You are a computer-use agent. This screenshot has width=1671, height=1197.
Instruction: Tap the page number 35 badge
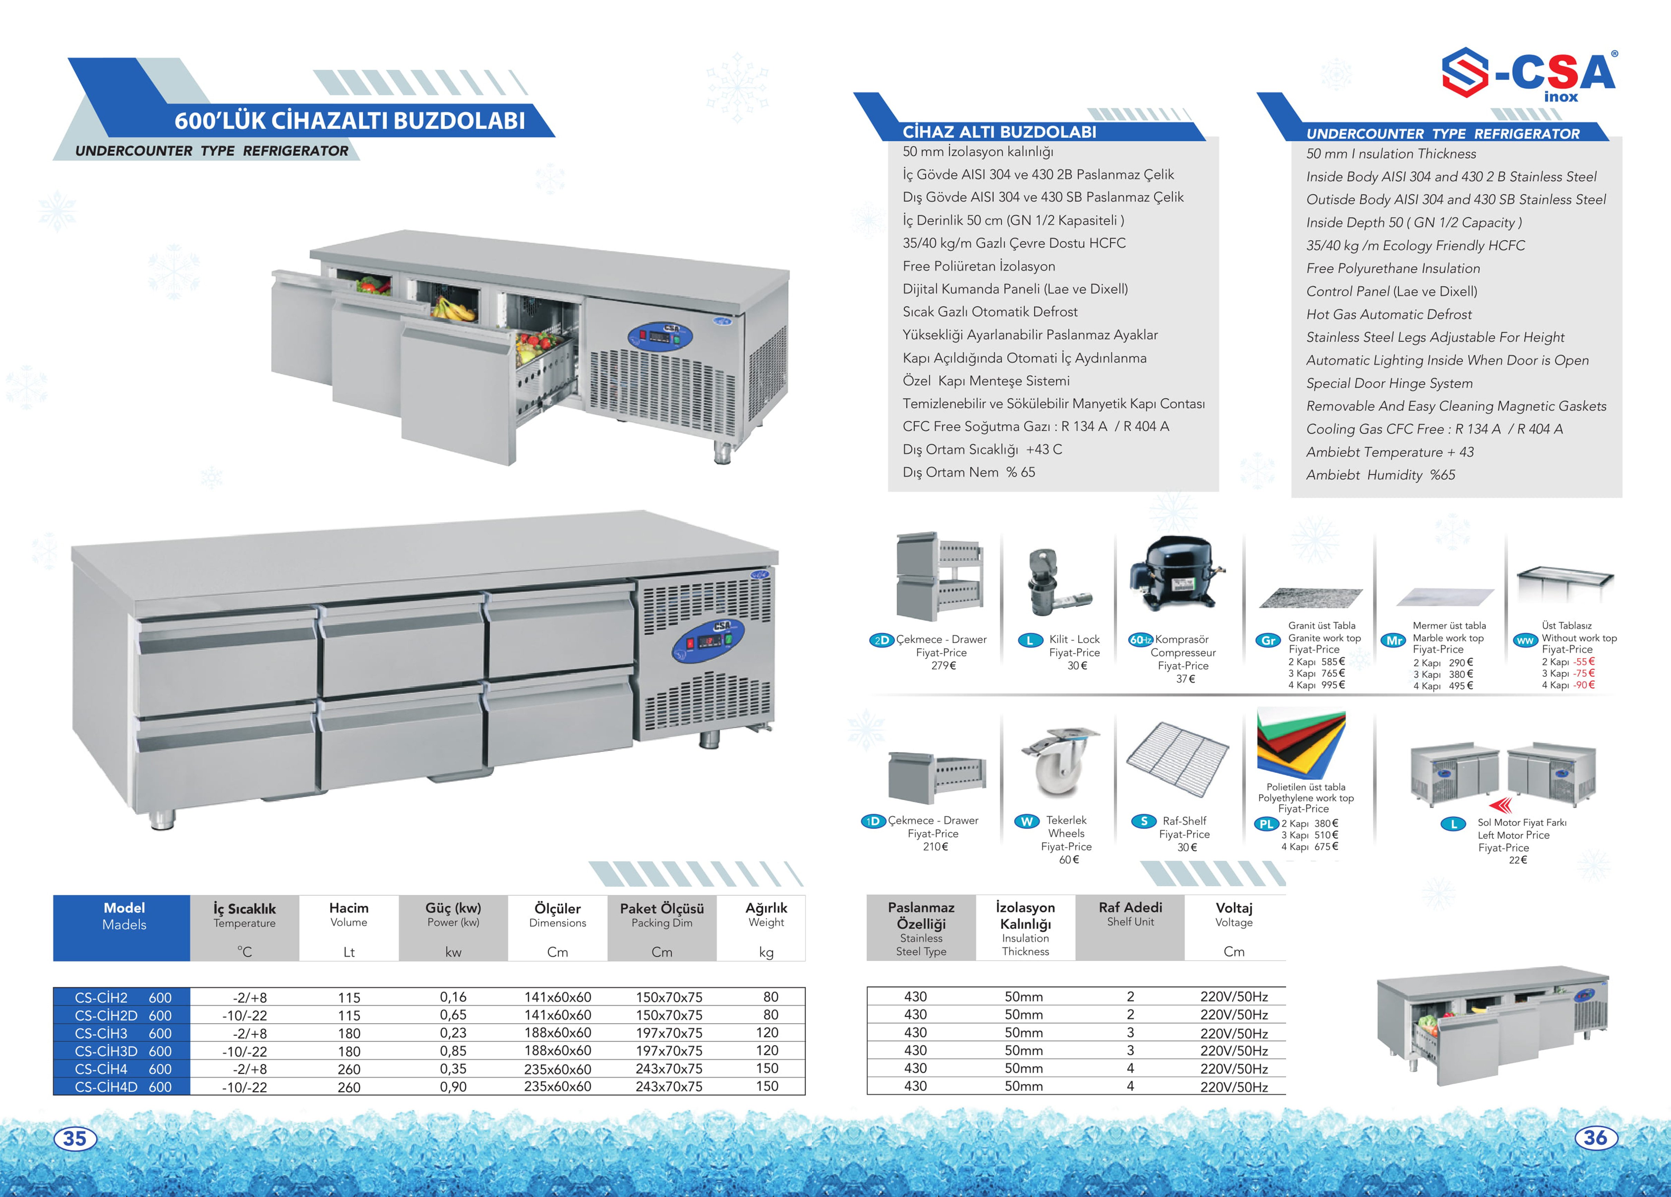[74, 1138]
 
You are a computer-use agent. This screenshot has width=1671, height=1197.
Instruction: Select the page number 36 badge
[1595, 1137]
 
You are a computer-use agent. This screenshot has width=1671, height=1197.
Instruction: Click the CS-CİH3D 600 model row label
[122, 1051]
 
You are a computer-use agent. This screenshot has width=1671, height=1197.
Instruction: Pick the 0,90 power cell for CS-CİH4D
[453, 1086]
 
